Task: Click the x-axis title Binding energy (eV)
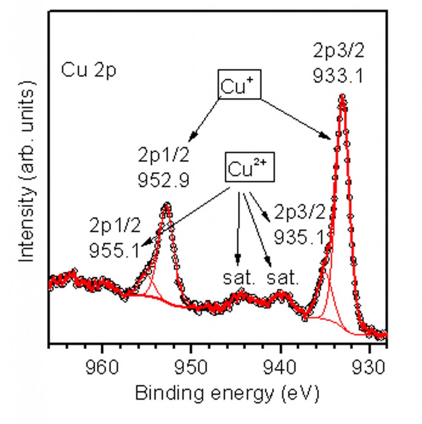[227, 393]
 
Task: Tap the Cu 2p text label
[89, 70]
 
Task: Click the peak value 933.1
[338, 75]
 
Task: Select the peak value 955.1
[115, 250]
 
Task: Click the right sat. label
[283, 278]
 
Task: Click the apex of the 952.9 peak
[167, 205]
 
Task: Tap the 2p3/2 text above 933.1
[338, 51]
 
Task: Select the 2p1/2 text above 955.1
[115, 226]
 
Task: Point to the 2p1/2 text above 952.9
[164, 156]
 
